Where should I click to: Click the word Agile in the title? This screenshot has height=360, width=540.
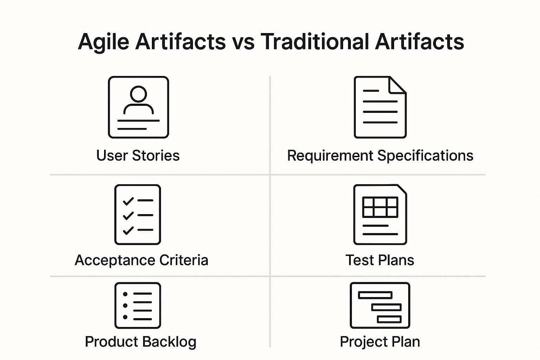[103, 42]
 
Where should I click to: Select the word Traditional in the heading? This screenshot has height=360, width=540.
[315, 41]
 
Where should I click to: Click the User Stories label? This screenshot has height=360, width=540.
[138, 155]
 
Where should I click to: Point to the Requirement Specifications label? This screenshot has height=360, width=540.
[380, 155]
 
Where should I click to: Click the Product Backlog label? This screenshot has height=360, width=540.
[141, 342]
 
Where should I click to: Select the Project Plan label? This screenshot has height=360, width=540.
[380, 342]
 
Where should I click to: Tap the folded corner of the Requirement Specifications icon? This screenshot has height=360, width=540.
[397, 85]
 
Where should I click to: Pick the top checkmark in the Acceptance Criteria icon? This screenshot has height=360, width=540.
[128, 201]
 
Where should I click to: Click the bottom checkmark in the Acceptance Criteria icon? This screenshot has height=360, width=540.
[128, 230]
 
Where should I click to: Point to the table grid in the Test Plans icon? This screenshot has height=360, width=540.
[380, 207]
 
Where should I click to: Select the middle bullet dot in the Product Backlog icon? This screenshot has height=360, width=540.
[125, 306]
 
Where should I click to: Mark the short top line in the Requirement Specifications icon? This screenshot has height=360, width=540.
[371, 91]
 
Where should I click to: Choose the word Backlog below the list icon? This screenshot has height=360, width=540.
[169, 342]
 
